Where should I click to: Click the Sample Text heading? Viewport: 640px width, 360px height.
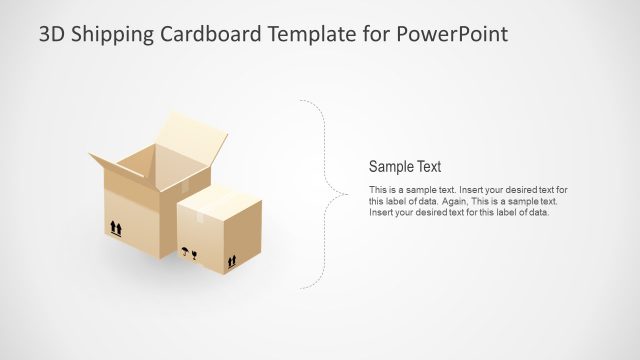point(405,168)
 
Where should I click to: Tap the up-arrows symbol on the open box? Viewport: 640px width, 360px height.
point(116,229)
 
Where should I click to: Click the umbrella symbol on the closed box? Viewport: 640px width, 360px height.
point(184,250)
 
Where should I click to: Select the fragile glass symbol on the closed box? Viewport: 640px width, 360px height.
point(194,255)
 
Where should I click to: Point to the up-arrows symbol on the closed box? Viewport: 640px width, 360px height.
point(232,262)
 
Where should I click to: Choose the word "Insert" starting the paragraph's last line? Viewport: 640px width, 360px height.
point(380,212)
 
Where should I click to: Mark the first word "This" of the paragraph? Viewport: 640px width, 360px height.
point(378,190)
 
